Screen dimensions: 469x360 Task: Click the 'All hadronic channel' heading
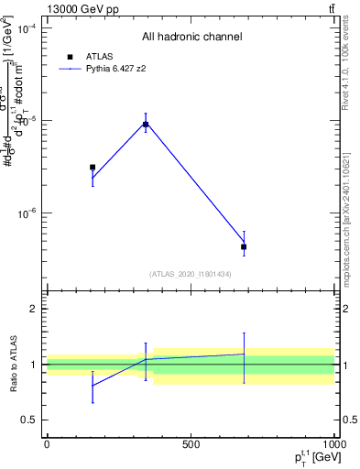point(191,38)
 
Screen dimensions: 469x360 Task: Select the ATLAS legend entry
point(99,56)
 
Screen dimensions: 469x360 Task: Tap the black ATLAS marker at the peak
point(146,125)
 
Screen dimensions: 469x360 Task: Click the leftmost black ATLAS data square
point(93,168)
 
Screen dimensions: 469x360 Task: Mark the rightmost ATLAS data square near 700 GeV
point(244,246)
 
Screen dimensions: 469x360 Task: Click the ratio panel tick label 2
point(34,309)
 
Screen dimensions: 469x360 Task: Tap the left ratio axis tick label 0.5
point(30,420)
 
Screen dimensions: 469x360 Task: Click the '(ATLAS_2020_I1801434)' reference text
point(191,274)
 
